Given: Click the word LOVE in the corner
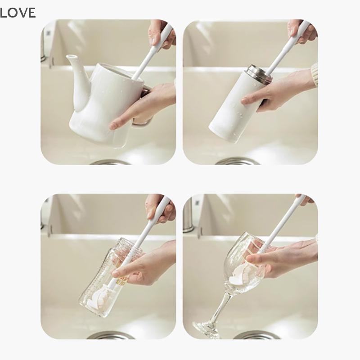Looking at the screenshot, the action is tap(18, 13).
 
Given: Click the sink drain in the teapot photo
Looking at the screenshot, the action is tap(110, 162).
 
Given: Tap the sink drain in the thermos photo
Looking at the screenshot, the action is tap(238, 161).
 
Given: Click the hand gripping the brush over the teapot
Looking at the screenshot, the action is tap(162, 34).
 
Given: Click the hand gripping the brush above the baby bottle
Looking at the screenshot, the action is tap(160, 208).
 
